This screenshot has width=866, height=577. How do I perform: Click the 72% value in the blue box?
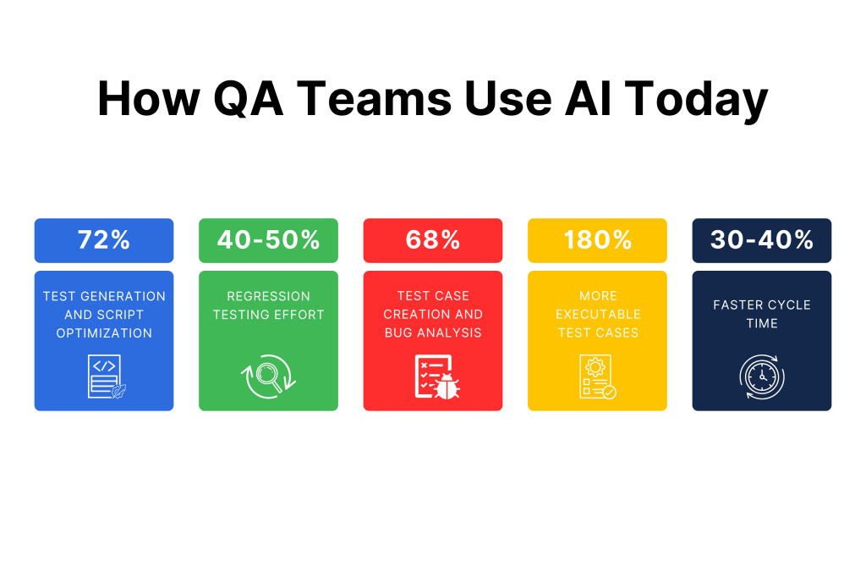click(x=104, y=240)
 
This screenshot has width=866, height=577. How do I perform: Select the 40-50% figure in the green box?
click(x=268, y=240)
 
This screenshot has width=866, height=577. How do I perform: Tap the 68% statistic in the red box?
click(x=433, y=240)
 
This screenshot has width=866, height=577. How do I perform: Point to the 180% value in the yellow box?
click(x=598, y=240)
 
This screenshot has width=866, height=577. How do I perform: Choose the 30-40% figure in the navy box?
click(x=762, y=240)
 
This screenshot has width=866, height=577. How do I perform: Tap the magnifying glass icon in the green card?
click(x=268, y=376)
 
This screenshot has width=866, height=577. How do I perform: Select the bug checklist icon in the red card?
click(x=437, y=376)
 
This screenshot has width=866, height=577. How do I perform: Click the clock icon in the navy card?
click(x=762, y=376)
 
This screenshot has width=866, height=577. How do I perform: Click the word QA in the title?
click(x=248, y=100)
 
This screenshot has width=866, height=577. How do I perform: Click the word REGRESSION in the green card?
click(x=268, y=296)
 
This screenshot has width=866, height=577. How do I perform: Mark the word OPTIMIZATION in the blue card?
click(x=104, y=333)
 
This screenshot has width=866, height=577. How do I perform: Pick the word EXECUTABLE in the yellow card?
click(x=598, y=315)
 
